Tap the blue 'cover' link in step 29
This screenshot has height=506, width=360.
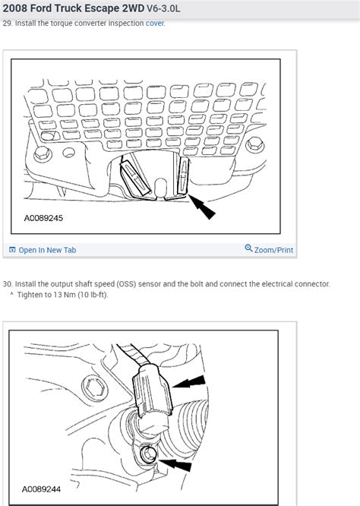coord(155,24)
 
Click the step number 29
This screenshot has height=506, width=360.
coord(8,24)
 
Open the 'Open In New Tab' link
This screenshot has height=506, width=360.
coord(46,250)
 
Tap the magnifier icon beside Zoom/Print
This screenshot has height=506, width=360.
coord(248,249)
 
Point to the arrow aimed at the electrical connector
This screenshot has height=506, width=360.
coord(189,381)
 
